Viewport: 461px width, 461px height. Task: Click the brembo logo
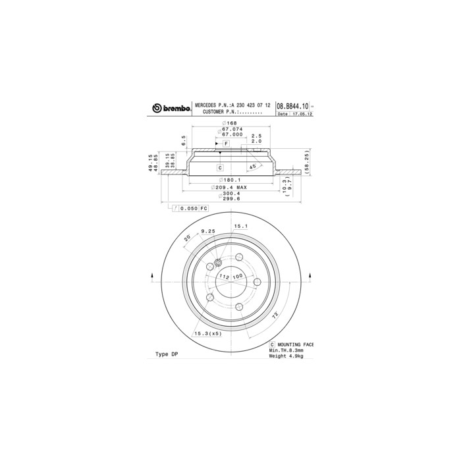click(x=172, y=107)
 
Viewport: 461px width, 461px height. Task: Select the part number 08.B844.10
click(x=291, y=106)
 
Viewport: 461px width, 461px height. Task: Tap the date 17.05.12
click(x=302, y=114)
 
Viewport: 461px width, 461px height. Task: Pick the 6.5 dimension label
click(x=184, y=139)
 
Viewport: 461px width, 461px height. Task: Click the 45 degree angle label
click(x=252, y=167)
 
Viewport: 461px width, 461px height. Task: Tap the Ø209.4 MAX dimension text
click(x=229, y=186)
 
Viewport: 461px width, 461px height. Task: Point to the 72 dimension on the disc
click(x=274, y=317)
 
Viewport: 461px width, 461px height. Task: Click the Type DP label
click(x=167, y=354)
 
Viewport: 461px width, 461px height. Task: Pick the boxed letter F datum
click(x=225, y=143)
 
